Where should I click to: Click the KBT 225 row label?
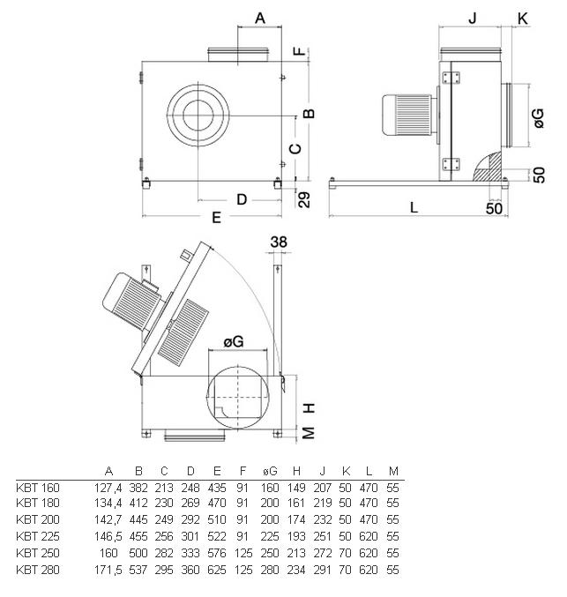38,536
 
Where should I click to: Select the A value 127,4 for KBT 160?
108,488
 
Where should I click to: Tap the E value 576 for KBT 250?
217,553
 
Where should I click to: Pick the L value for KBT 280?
369,570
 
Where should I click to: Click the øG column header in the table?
270,472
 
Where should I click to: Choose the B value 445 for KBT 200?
138,519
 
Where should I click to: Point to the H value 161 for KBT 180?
296,503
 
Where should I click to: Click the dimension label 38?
279,242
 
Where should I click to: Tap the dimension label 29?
304,199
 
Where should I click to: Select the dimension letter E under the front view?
216,218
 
